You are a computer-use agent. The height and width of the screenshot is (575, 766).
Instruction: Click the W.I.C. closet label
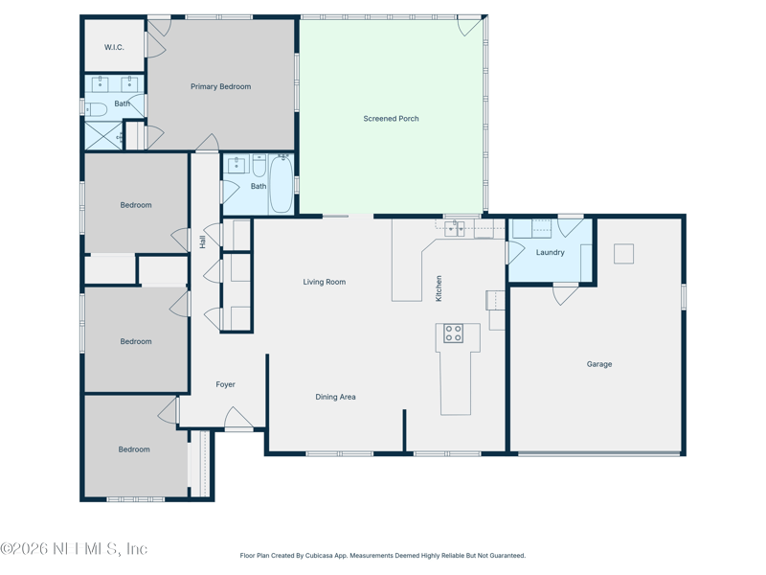[x=114, y=47]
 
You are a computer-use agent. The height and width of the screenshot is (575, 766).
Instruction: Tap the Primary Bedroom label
[x=220, y=87]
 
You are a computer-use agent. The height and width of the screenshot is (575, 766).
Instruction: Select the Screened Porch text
[x=391, y=119]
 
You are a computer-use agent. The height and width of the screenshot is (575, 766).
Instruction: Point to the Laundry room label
[x=550, y=253]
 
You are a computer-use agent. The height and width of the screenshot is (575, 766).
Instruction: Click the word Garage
[x=599, y=364]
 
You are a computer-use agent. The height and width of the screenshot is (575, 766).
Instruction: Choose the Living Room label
[x=324, y=282]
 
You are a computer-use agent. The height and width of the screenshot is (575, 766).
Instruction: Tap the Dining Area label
[x=335, y=397]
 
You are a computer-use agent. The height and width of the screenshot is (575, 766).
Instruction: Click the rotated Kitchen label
[x=439, y=288]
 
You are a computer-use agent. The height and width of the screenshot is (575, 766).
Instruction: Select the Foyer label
[x=225, y=385]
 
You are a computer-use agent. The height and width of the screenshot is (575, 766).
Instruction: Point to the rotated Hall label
[x=203, y=242]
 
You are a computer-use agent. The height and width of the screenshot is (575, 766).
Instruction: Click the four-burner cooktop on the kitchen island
[x=454, y=333]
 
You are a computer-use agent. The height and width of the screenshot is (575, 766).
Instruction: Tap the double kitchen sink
[x=455, y=228]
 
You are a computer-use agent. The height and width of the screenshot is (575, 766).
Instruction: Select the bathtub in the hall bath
[x=282, y=184]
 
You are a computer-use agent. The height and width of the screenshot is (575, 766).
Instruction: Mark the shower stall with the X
[x=101, y=136]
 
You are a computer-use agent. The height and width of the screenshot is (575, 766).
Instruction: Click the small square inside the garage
[x=623, y=253]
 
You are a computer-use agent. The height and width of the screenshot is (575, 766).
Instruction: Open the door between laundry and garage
[x=565, y=293]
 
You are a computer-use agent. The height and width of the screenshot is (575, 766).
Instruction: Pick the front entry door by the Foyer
[x=239, y=420]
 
